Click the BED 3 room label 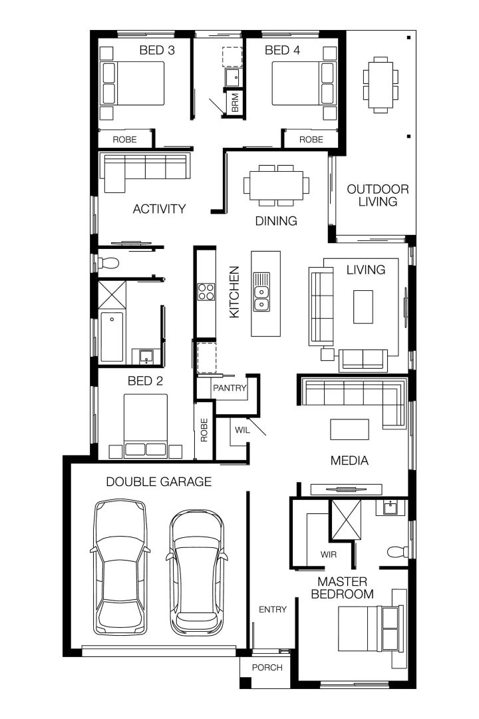coord(157,50)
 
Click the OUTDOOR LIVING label coord(377,195)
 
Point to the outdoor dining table coord(381,85)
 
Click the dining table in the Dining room coord(276,184)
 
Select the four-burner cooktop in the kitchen coord(206,292)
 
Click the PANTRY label coord(230,387)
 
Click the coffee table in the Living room coord(363,306)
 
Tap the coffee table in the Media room coord(350,429)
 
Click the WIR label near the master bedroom coord(328,554)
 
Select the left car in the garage coord(120,567)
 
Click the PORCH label coord(267,668)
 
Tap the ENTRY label coord(273,609)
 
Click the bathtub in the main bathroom coord(112,338)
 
